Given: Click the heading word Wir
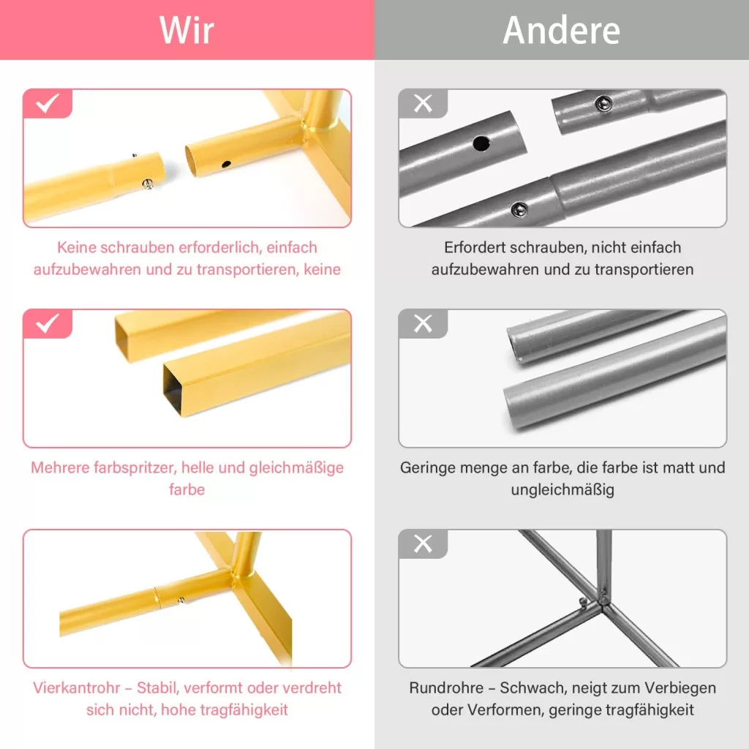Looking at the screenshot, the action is pyautogui.click(x=187, y=30).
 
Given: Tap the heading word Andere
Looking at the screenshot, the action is pyautogui.click(x=562, y=30).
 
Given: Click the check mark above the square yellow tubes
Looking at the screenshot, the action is pyautogui.click(x=48, y=323).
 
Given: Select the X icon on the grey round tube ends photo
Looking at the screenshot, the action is pyautogui.click(x=423, y=323).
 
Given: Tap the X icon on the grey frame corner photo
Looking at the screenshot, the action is pyautogui.click(x=423, y=543).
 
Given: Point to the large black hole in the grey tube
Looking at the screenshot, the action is pyautogui.click(x=481, y=143).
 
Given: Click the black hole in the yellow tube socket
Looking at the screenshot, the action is pyautogui.click(x=227, y=165).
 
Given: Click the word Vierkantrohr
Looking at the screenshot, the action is pyautogui.click(x=69, y=688).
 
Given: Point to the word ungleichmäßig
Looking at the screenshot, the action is pyautogui.click(x=562, y=490).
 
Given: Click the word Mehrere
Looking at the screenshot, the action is pyautogui.click(x=60, y=467).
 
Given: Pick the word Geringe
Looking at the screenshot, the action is pyautogui.click(x=427, y=468).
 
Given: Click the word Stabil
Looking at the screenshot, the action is pyautogui.click(x=158, y=688).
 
